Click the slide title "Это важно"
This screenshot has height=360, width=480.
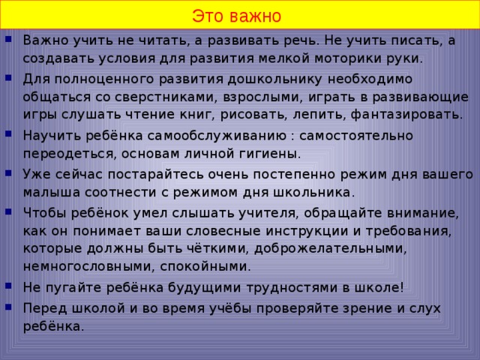tap(236, 16)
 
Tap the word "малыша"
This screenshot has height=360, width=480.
tap(48, 193)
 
